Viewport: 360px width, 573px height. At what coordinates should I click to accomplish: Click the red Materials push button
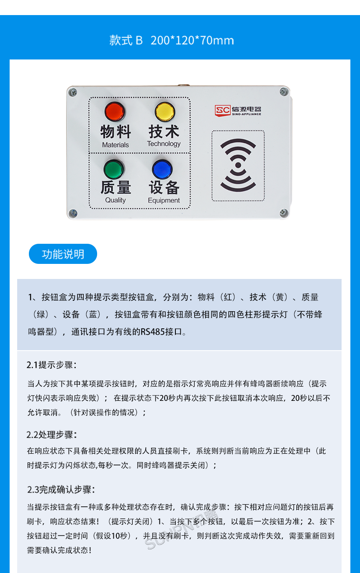point(115,112)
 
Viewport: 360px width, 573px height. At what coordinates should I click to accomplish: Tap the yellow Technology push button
point(165,112)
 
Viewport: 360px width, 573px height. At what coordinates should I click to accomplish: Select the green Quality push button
point(114,170)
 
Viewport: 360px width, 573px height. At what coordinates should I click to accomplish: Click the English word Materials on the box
point(116,145)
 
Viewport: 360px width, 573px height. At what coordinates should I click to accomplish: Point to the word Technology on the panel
point(164,144)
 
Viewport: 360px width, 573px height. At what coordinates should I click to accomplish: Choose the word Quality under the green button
point(115,200)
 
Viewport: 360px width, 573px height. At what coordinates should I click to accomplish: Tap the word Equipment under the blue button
point(164,201)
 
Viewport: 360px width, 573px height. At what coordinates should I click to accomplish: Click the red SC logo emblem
point(223,110)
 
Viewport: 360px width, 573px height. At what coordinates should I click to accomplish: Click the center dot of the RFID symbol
point(238,165)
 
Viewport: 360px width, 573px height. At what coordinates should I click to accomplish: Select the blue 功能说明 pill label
point(63,254)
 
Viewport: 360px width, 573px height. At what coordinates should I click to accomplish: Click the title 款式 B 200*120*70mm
point(172,40)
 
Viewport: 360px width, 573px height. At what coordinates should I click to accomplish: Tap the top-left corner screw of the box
point(72,92)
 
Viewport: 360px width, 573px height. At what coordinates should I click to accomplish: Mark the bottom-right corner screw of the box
point(284,212)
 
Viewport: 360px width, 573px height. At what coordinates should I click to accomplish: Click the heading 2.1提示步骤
point(51,365)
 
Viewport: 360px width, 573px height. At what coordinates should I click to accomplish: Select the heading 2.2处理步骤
point(51,434)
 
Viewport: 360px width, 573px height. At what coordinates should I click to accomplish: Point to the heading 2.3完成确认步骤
point(61,489)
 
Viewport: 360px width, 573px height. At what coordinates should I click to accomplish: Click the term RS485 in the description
point(153,332)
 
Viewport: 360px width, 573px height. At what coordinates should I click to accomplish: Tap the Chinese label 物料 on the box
point(116,132)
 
